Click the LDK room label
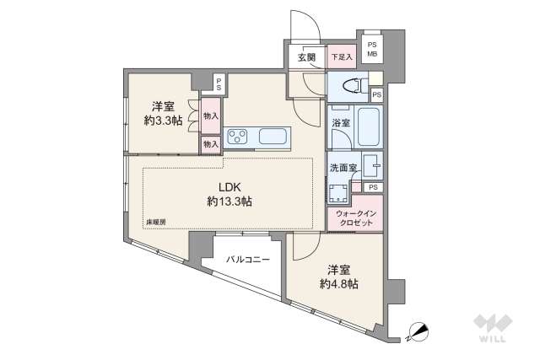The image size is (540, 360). coord(229,187)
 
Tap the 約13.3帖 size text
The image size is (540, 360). coord(229,201)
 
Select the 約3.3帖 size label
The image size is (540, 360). coord(163,121)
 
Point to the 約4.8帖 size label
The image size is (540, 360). coord(339,283)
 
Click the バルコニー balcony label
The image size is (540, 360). coord(248,260)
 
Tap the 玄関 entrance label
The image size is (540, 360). coord(306,57)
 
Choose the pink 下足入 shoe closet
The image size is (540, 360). coord(342,56)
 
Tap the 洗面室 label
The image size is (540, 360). coord(343,168)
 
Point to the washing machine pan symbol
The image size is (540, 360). coord(339,193)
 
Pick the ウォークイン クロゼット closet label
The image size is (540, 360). coord(356,218)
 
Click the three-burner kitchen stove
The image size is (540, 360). coord(237,136)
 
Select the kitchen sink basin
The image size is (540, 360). coord(273,136)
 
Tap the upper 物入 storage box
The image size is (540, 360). coord(211,116)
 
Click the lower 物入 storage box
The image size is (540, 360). coord(211,144)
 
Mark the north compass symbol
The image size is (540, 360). coord(418,332)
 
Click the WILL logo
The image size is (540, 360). coord(493,328)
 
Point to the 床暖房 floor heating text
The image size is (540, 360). coord(156,223)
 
